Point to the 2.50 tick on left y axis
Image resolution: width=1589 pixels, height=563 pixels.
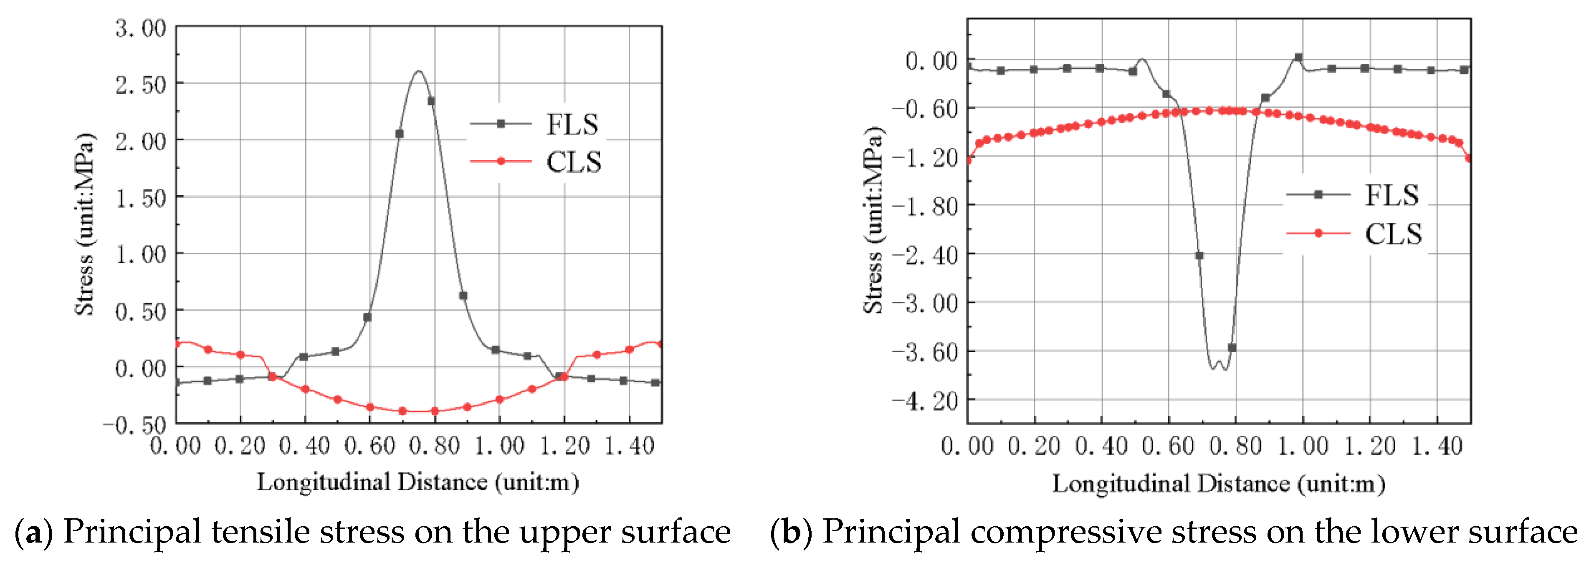pyautogui.click(x=141, y=84)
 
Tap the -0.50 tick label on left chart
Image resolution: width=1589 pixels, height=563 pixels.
pyautogui.click(x=134, y=425)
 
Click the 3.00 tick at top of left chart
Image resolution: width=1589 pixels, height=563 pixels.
pyautogui.click(x=141, y=28)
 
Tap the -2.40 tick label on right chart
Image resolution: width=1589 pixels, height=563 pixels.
pyautogui.click(x=925, y=254)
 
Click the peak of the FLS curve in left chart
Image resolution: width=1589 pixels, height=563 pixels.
pyautogui.click(x=419, y=71)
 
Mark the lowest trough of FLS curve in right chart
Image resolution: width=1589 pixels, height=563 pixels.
pyautogui.click(x=1224, y=369)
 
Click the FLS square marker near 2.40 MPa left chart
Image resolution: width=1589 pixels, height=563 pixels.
pyautogui.click(x=431, y=101)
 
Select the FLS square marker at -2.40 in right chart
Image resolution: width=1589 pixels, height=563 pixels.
pyautogui.click(x=1199, y=255)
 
